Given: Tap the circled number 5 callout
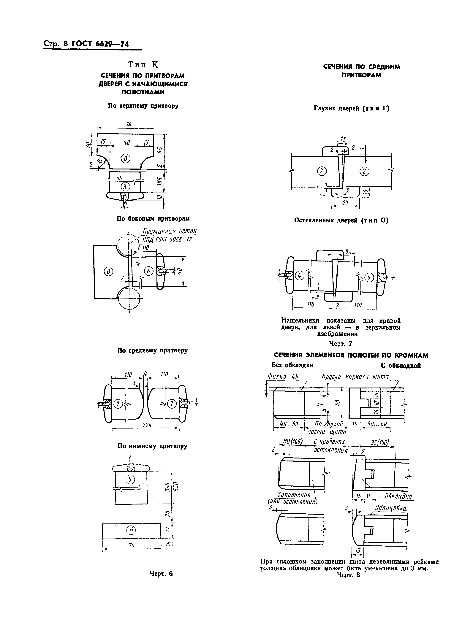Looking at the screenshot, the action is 130,479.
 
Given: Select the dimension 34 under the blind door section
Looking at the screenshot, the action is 346,202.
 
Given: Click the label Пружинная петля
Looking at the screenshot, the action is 170,231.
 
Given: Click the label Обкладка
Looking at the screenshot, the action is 398,496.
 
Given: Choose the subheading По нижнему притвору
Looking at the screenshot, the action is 152,446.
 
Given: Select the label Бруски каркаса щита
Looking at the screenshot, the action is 355,377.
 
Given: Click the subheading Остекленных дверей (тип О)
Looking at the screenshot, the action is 341,220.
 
